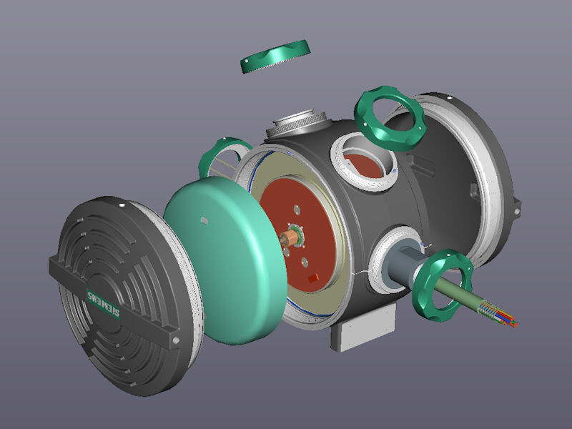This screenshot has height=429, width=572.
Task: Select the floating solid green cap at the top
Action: tap(275, 56)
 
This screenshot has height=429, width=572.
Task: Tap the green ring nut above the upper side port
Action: tap(390, 118)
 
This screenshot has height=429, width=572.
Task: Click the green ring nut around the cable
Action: tap(443, 285)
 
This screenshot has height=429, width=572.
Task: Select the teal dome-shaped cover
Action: tap(225, 260)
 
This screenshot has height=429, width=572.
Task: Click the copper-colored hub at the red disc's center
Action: tap(290, 237)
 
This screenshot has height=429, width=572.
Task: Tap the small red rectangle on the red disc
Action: tap(313, 278)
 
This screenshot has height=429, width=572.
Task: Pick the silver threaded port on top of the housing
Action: tap(296, 124)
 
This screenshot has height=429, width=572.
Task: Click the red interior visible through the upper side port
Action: tap(364, 166)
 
